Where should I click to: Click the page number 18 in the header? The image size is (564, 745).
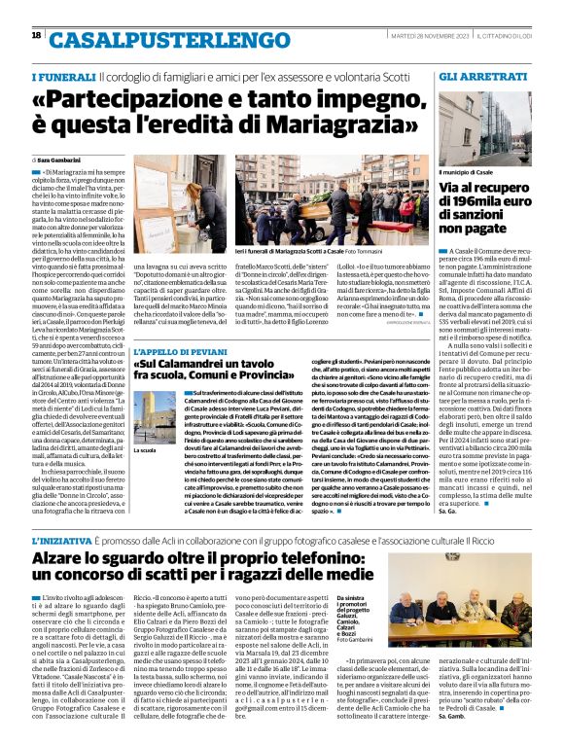[36, 35]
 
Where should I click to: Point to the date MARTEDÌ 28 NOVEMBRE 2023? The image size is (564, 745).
[409, 36]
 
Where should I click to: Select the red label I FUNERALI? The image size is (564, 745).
[63, 77]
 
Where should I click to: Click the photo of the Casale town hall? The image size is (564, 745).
[485, 125]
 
